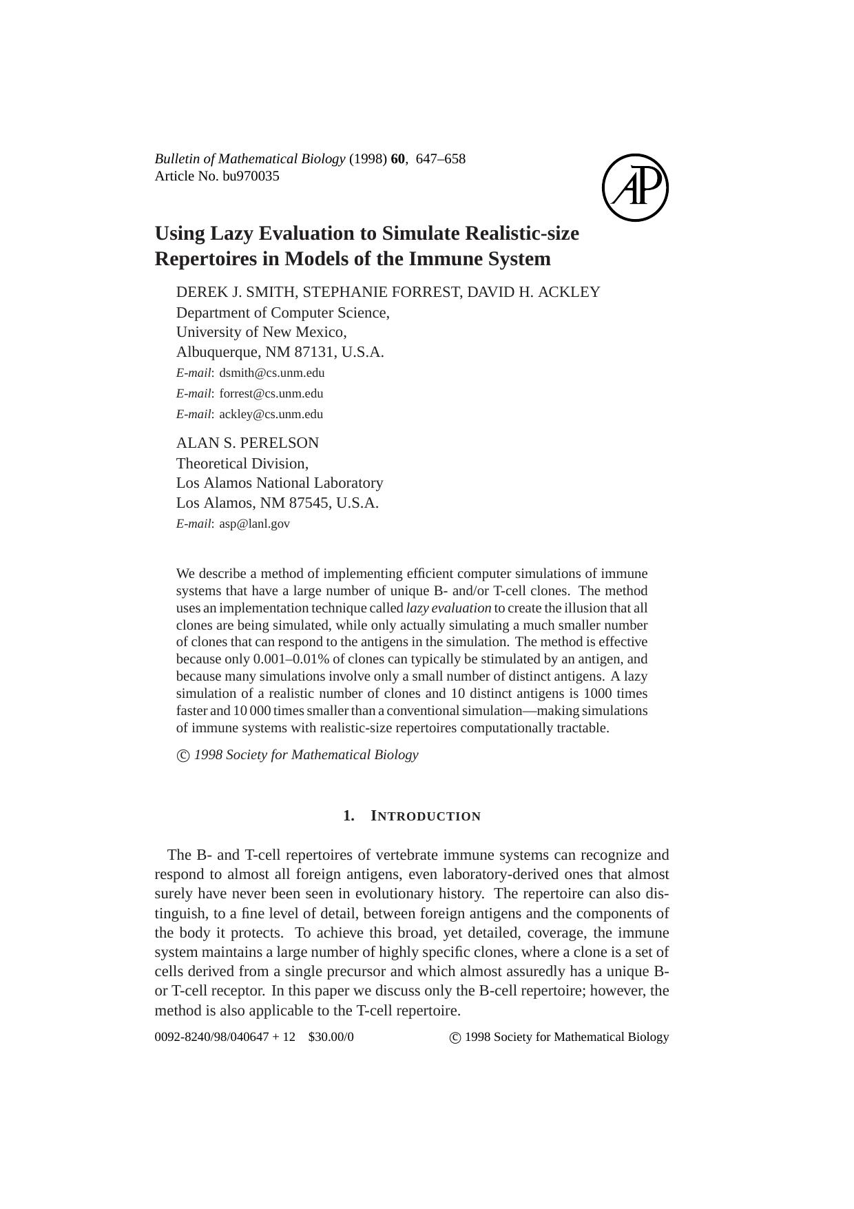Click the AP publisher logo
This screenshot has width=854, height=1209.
pyautogui.click(x=635, y=187)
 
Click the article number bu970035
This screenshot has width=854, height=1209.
pyautogui.click(x=251, y=176)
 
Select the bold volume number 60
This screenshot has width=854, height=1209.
pyautogui.click(x=397, y=159)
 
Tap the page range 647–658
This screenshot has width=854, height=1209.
pyautogui.click(x=441, y=159)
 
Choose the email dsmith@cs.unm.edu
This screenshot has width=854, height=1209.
pyautogui.click(x=272, y=373)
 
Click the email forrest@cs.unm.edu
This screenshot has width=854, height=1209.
pyautogui.click(x=271, y=394)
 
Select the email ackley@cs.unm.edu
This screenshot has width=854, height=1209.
pyautogui.click(x=271, y=415)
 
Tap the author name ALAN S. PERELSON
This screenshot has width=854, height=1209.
pyautogui.click(x=248, y=443)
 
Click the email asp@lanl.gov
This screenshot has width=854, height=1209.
pyautogui.click(x=255, y=524)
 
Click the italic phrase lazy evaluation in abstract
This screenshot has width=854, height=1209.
pyautogui.click(x=448, y=608)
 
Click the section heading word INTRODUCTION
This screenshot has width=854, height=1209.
pyautogui.click(x=426, y=816)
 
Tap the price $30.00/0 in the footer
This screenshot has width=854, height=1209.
pyautogui.click(x=331, y=1037)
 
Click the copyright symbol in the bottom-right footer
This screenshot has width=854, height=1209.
pyautogui.click(x=455, y=1038)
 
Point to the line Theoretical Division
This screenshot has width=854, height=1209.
pyautogui.click(x=242, y=464)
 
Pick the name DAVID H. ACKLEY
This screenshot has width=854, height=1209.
pyautogui.click(x=534, y=292)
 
